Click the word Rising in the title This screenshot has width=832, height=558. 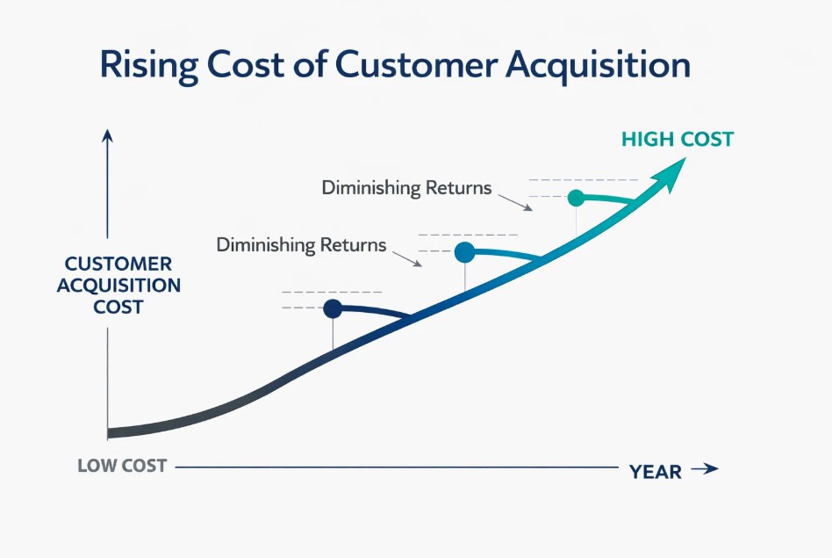tap(149, 65)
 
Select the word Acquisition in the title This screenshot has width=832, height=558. tap(598, 66)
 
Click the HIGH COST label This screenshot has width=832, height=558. tap(678, 139)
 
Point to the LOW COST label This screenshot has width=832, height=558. tap(122, 466)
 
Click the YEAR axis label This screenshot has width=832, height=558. tap(656, 472)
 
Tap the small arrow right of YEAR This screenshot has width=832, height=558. tap(705, 468)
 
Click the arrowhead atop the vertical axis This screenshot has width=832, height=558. tap(108, 135)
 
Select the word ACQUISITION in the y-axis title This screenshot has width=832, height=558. tap(118, 286)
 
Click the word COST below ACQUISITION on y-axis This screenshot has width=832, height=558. tap(118, 308)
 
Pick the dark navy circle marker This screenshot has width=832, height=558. tap(333, 308)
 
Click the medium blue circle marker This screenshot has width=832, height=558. tap(465, 252)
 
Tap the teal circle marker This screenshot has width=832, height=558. tap(576, 198)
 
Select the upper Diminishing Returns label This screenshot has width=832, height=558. tap(407, 188)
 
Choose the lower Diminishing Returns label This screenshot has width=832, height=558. tap(301, 245)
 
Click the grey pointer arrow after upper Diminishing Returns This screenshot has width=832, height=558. tap(515, 202)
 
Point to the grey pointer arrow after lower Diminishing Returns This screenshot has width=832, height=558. tap(407, 259)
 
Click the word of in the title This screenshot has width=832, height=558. tap(309, 65)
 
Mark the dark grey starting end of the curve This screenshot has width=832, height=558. tap(108, 433)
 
